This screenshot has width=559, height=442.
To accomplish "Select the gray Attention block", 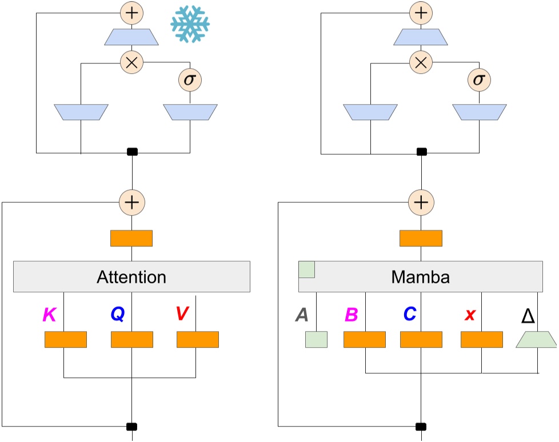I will (x=131, y=277).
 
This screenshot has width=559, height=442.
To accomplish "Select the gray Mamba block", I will (x=421, y=277).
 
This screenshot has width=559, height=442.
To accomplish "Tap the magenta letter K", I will (x=50, y=314).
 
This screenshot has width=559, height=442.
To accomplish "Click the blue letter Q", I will (x=117, y=314).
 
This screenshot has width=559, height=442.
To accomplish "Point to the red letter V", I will (x=182, y=314).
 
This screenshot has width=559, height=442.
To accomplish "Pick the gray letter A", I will (x=302, y=314).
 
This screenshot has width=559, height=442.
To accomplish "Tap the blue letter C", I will (x=409, y=314).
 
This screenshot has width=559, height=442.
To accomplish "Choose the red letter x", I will (x=470, y=314).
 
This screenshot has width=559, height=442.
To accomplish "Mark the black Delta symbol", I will (x=528, y=314).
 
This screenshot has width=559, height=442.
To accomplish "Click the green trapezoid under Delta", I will (x=536, y=339).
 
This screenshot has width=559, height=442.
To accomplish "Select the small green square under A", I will (x=317, y=339).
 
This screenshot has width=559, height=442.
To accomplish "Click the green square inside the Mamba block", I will (x=307, y=269).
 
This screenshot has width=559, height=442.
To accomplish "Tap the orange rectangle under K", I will (x=66, y=339).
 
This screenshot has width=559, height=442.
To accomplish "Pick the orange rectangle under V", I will (x=198, y=339).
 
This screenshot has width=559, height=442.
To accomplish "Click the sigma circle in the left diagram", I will (x=189, y=79).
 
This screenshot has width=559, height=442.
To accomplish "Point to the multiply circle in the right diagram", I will (x=421, y=62).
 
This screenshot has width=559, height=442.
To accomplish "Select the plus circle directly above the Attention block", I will (x=132, y=202).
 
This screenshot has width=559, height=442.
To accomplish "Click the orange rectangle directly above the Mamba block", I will (x=421, y=238).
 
